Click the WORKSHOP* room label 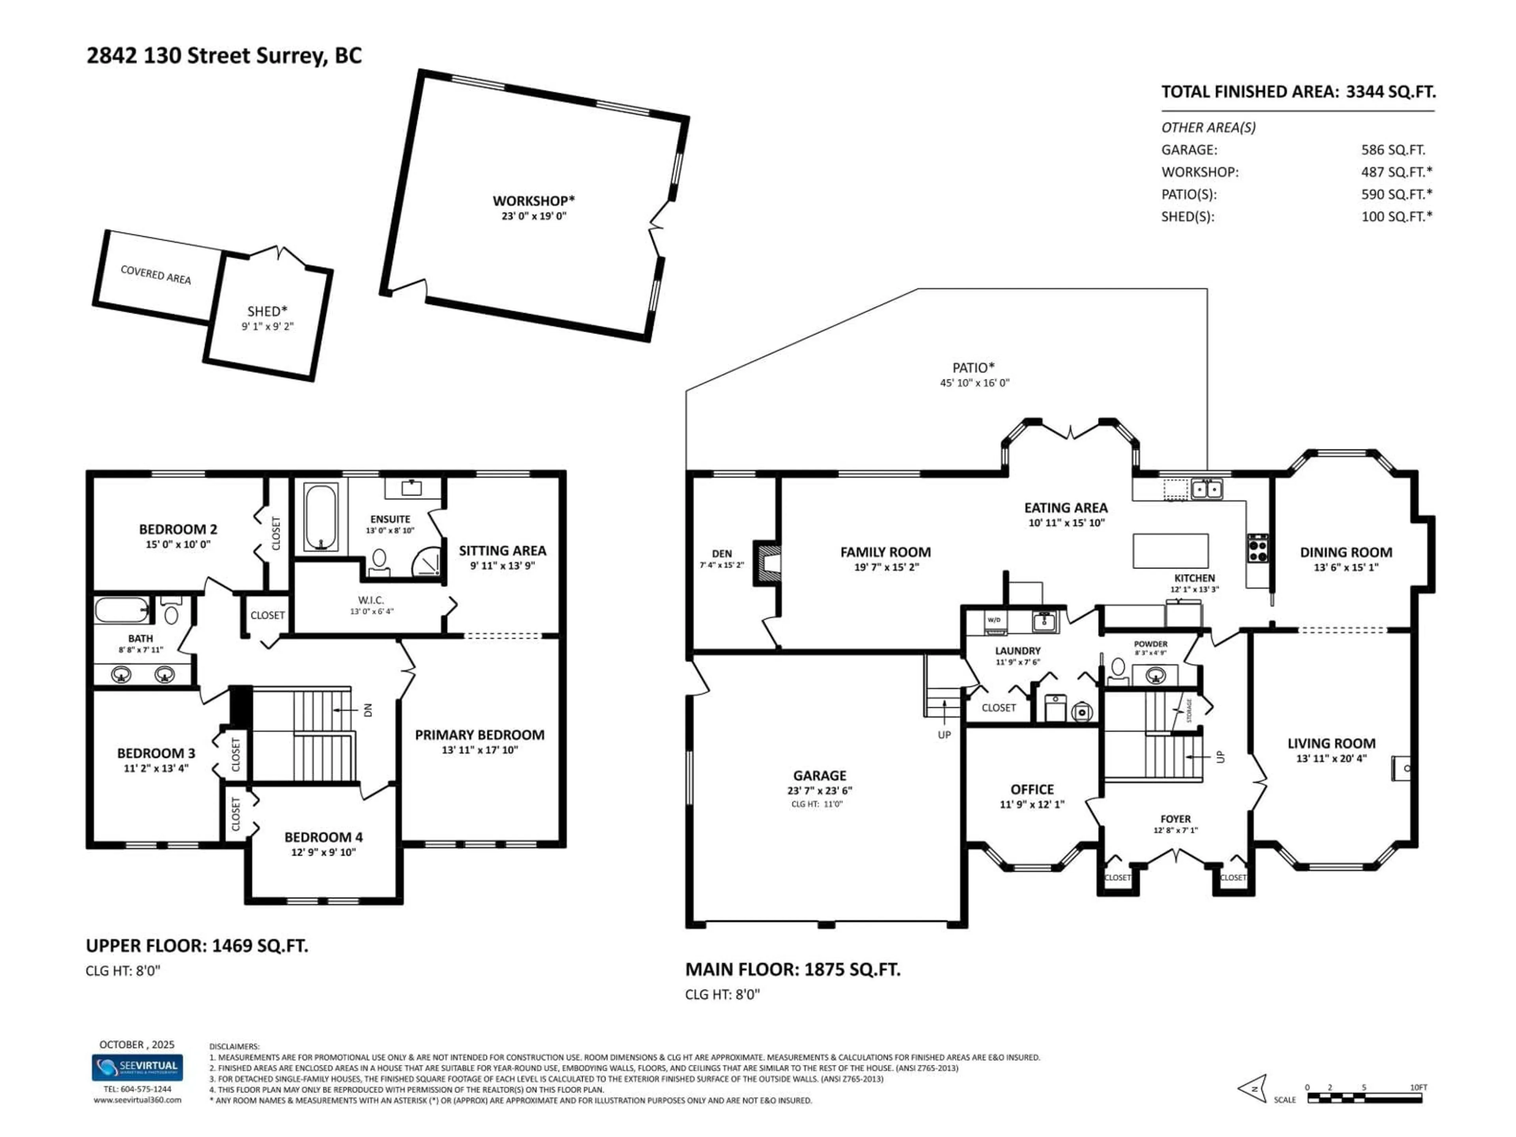533,201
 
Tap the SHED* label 267,311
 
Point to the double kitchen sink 1206,489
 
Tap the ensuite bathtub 320,518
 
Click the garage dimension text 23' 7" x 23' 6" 820,790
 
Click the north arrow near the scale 1253,1088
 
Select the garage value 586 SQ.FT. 1393,149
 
